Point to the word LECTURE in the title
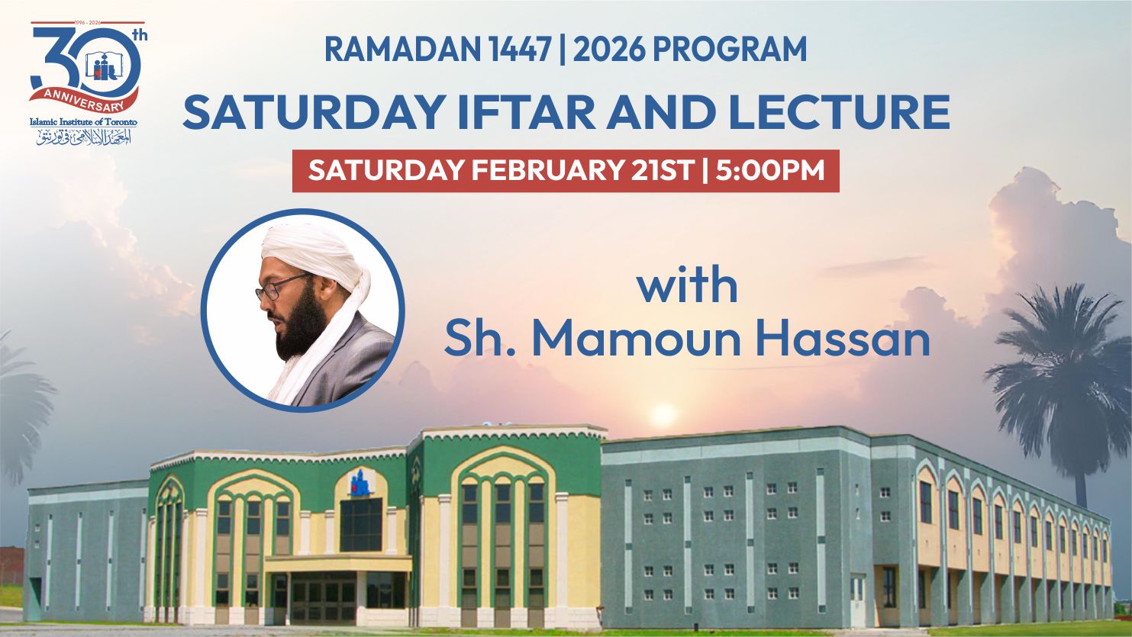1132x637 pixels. pos(839,112)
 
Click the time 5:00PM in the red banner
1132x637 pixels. pos(769,170)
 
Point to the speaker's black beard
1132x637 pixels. pos(300,324)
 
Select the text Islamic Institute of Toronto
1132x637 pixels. pos(83,122)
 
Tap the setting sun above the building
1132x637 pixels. pos(663,415)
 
